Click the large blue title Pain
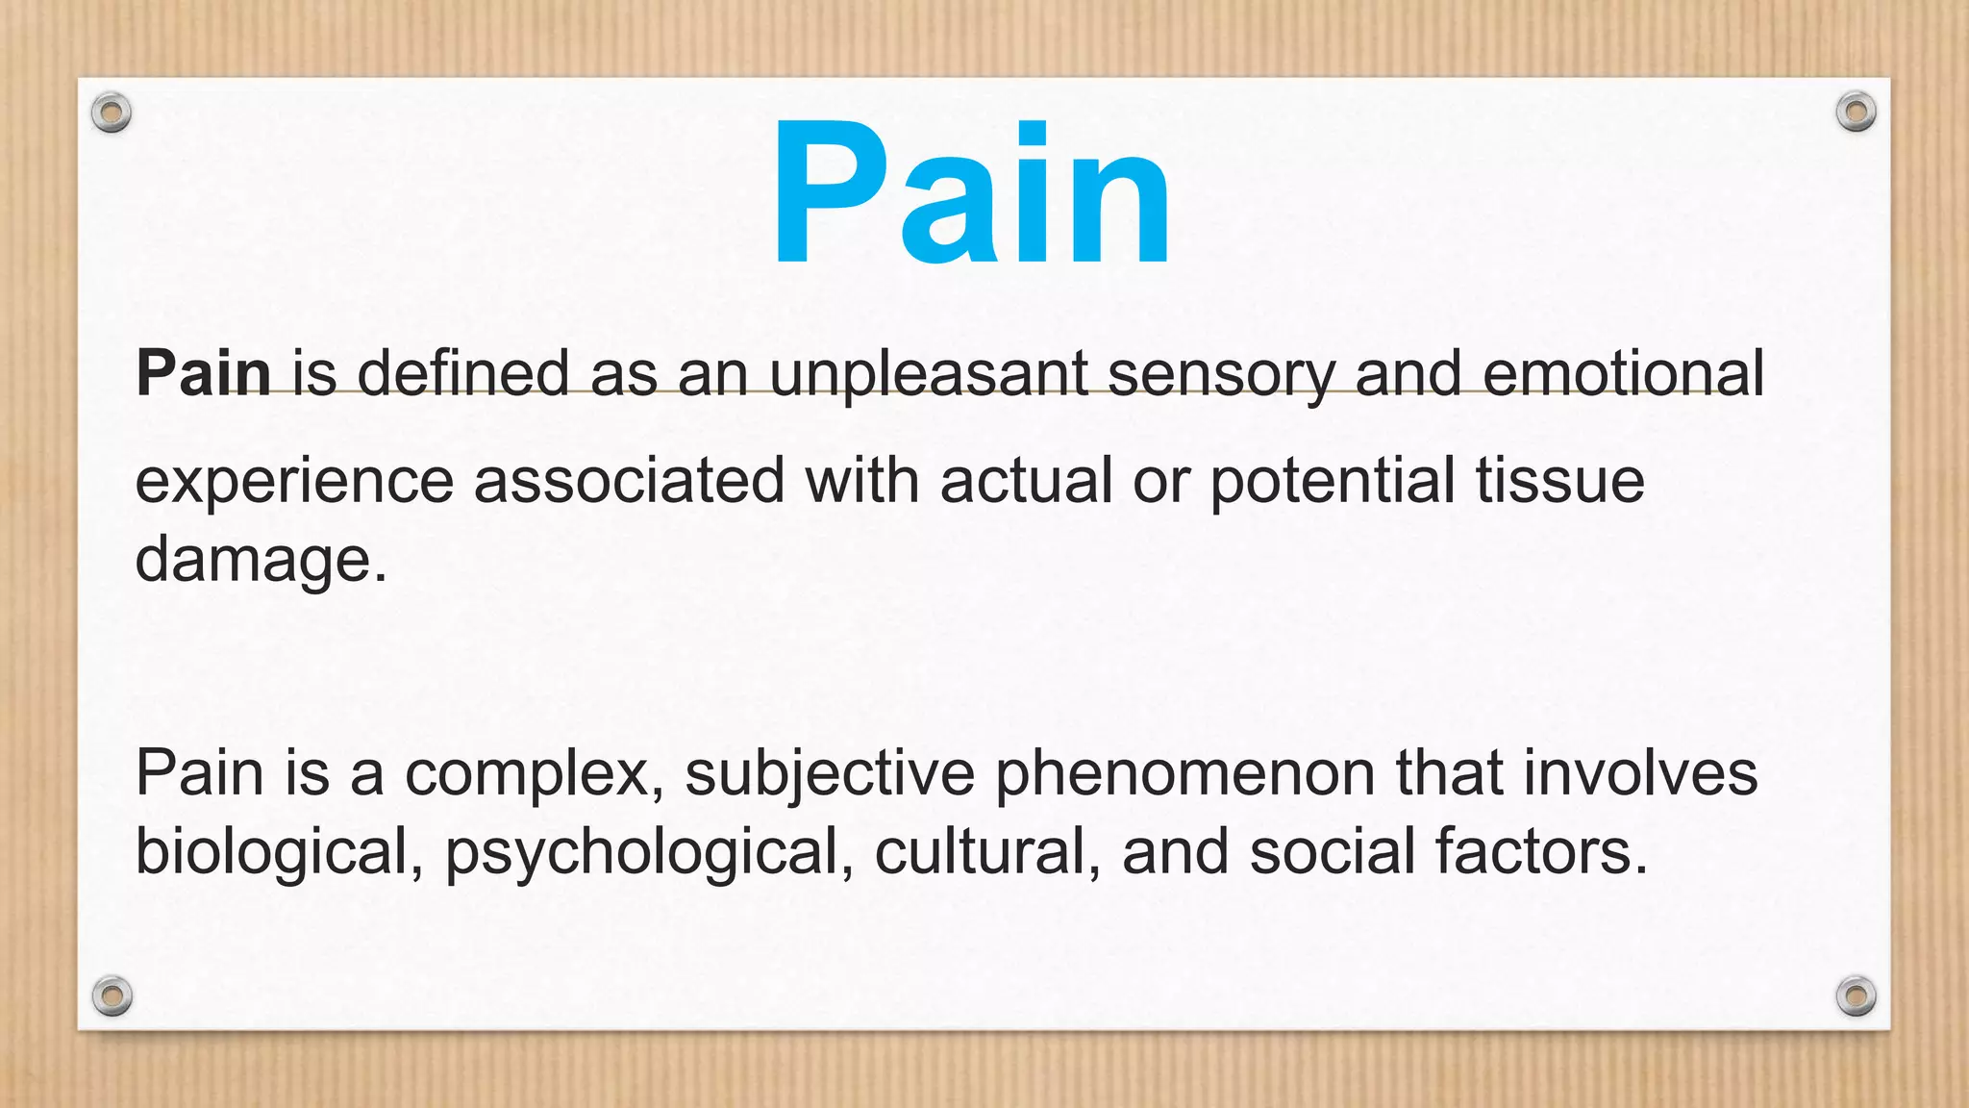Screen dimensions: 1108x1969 coord(971,192)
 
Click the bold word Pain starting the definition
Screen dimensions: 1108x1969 coord(204,373)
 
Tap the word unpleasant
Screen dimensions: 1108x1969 coord(928,373)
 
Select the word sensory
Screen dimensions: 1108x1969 coord(1220,373)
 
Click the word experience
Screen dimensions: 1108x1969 coord(294,481)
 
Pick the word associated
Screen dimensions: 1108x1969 coord(629,481)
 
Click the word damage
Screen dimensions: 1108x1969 coord(261,560)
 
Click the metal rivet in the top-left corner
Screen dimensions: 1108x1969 coord(112,113)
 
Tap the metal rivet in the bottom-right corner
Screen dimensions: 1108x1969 coord(1856,995)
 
